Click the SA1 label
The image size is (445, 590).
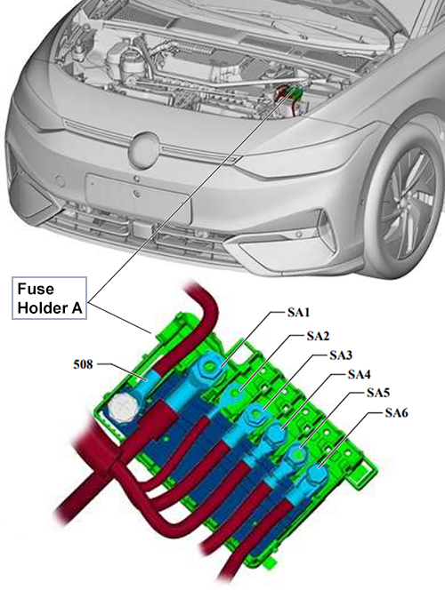298,312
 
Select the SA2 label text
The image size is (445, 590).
318,336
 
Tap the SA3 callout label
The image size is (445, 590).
341,355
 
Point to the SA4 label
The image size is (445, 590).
359,374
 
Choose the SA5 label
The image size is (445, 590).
378,393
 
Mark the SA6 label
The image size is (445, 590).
396,413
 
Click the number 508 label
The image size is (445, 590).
83,364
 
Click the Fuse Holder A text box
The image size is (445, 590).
49,299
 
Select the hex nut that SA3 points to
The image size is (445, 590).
255,415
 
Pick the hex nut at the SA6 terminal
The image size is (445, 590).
317,474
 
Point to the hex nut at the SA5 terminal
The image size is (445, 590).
297,455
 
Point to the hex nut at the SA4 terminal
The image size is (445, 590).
276,435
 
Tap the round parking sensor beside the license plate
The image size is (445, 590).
60,181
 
